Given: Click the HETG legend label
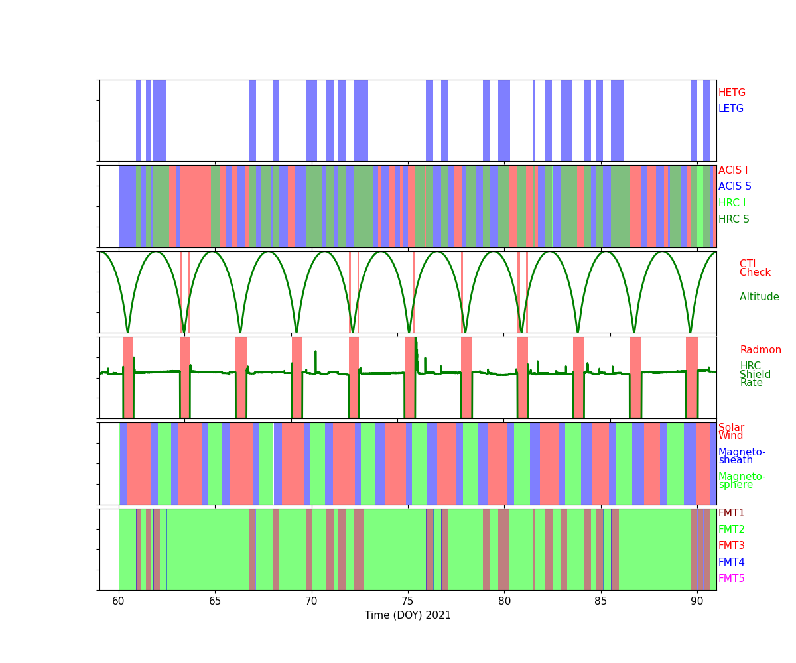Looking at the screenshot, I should pos(732,93).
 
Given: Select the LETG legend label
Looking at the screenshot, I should pos(731,109).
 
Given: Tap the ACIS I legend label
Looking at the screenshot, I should pos(733,170).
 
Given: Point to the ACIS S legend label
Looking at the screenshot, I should pos(735,186).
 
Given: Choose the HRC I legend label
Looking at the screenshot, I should pos(732,203).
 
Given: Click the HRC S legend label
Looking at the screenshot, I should pos(733,219).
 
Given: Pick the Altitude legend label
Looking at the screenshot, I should pos(760,297).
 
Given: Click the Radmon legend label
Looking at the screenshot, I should pos(761,350).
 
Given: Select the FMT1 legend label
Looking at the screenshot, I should pos(732,513).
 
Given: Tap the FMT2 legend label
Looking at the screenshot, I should pos(732,530).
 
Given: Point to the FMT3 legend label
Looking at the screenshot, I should pos(732,546).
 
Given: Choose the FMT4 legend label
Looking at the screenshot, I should pos(732,562).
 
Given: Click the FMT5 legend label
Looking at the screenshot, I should pos(732,579).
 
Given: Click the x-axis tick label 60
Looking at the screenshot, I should pos(119,601).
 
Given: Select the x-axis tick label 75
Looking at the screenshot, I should pos(408,601).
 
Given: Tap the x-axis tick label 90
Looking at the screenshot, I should pos(697,601).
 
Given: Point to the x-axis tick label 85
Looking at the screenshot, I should pos(601,601).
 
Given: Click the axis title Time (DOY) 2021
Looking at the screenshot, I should pos(408,615).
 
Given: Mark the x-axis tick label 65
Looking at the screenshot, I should pos(215,601).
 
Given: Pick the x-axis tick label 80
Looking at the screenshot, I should pos(504,601).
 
